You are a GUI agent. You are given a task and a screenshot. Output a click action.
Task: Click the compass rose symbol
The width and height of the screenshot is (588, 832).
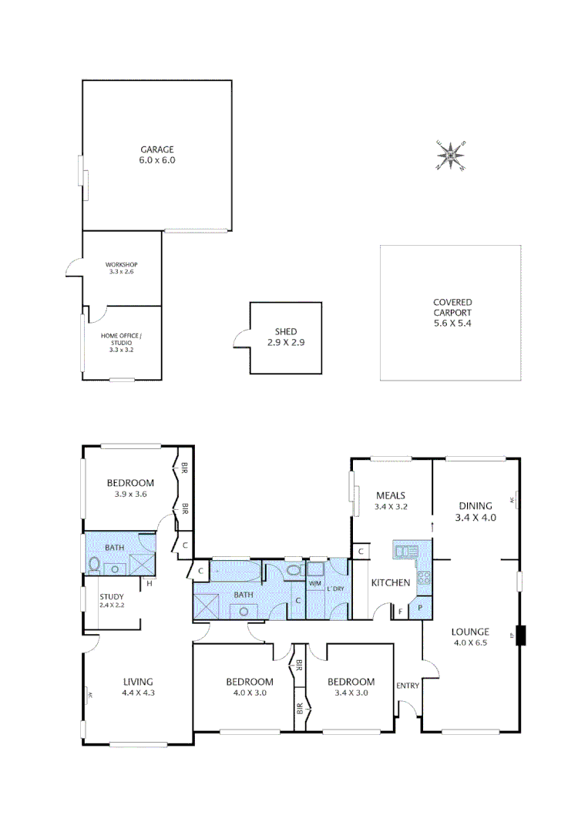pos(451,155)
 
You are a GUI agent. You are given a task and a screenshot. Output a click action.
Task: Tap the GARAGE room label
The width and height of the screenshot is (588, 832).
pos(157,149)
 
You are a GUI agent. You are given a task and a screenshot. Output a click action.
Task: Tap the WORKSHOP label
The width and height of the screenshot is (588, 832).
pos(122,264)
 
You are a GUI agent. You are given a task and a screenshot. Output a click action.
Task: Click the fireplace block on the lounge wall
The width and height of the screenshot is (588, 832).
pos(521,636)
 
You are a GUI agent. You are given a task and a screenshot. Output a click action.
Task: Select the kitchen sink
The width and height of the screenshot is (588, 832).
pos(405,551)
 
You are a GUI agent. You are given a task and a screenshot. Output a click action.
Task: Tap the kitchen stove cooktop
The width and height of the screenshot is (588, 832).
pos(424,578)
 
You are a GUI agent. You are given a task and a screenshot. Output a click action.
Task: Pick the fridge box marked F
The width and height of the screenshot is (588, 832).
pos(400,612)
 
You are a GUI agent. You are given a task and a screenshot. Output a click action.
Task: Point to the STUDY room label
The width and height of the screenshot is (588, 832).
pos(111,596)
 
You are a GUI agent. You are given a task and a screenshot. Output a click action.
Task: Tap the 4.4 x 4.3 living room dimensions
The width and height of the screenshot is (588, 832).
pos(139,693)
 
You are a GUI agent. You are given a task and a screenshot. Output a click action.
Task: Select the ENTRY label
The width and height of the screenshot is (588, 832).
pos(407,686)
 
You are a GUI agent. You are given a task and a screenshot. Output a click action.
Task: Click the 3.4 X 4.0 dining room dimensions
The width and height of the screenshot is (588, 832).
pos(475,518)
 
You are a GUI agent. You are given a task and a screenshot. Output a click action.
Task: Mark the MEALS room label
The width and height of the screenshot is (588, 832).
pos(391,495)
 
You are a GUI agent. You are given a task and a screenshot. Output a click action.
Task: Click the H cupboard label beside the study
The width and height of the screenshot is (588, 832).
pos(149,583)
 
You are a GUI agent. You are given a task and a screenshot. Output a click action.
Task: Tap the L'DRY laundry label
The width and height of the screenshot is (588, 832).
pos(336,589)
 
